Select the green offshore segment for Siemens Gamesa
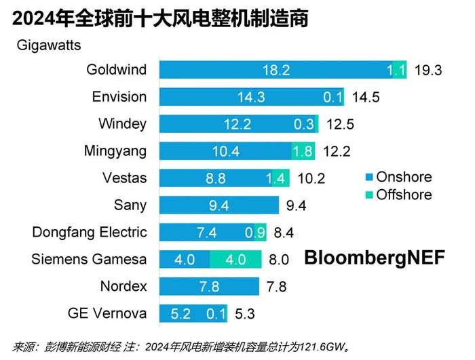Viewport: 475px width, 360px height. (x=235, y=259)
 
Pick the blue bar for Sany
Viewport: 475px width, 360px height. (x=218, y=205)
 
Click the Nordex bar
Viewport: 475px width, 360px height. (x=209, y=286)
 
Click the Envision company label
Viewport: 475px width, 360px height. (x=119, y=97)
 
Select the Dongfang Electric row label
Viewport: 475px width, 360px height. (x=90, y=232)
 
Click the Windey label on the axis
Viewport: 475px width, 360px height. (x=122, y=124)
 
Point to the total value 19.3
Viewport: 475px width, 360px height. (x=428, y=70)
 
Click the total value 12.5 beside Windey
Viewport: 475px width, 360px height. (x=339, y=124)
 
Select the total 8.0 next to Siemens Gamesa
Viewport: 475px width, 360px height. (x=279, y=259)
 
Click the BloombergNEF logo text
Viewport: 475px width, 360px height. (x=374, y=258)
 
